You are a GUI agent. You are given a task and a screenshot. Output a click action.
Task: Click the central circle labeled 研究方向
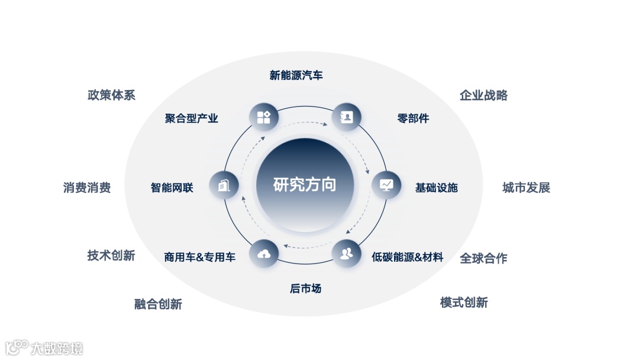305,185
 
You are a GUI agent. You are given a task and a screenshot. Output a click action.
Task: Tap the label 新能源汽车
296,75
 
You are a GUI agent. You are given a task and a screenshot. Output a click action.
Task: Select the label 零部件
413,118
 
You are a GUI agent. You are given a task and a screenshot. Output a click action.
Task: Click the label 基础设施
436,188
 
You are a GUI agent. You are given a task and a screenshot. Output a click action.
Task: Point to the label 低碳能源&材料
407,257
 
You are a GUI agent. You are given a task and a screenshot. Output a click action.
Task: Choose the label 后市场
305,289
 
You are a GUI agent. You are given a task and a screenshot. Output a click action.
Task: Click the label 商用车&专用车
199,257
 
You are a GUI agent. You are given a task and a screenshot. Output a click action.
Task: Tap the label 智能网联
172,188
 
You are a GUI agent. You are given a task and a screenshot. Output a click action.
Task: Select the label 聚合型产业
191,118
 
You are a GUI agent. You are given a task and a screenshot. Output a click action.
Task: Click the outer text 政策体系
111,95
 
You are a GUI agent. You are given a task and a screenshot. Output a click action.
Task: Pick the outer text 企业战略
483,95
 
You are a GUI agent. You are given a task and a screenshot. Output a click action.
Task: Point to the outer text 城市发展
526,188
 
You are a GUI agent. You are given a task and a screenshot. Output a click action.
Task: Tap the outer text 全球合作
483,258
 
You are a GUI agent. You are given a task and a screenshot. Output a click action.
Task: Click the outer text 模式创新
464,303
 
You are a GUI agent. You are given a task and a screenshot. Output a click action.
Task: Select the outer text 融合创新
158,304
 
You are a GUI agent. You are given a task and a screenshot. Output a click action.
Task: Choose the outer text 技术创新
111,255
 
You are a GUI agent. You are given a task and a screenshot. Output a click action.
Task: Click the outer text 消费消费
87,188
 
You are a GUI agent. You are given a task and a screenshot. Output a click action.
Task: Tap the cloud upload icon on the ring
264,255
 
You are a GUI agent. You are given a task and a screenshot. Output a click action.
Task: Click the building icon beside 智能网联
224,185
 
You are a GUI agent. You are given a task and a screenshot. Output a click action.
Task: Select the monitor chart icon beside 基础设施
386,185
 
